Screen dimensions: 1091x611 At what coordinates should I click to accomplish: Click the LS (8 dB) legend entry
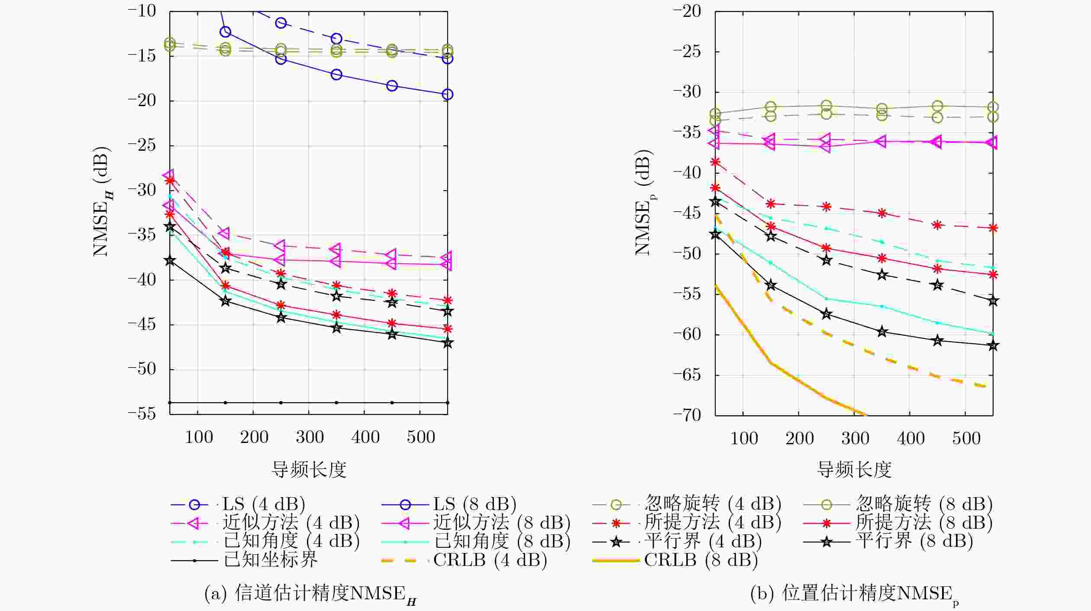449,504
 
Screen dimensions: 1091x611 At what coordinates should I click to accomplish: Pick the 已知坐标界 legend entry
244,560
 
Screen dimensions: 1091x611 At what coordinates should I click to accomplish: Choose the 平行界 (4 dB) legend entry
677,541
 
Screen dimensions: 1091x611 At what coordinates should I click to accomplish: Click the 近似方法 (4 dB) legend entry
265,523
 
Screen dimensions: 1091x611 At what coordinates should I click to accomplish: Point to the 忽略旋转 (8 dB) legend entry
897,504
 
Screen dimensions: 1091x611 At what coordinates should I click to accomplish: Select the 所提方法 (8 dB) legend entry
897,523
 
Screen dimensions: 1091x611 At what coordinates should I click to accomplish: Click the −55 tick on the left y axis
142,414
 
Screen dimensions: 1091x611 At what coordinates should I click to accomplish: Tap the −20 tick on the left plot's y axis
142,101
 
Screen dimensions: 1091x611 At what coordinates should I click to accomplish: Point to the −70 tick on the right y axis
687,415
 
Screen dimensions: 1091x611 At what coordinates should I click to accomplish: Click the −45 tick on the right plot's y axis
687,213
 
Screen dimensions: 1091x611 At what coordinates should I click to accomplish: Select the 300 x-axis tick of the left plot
310,438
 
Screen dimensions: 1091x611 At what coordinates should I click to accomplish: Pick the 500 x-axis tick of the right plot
966,439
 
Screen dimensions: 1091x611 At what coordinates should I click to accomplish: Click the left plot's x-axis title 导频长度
309,469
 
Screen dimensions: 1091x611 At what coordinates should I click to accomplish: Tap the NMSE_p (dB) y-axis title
644,202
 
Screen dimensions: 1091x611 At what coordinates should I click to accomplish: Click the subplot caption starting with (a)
310,594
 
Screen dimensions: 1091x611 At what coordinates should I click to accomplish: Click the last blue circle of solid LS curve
448,94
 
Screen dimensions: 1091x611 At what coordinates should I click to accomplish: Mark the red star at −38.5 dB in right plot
716,162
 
